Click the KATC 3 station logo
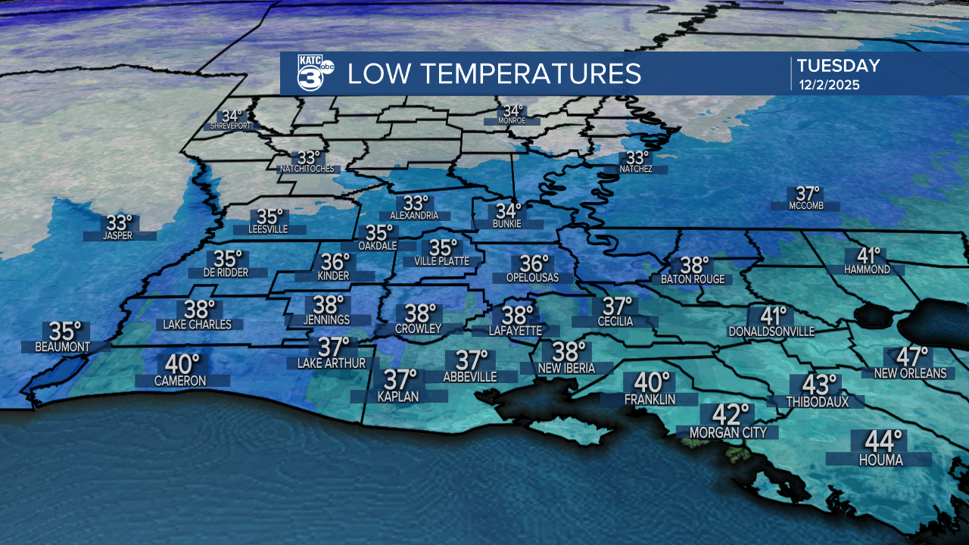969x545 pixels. pyautogui.click(x=311, y=73)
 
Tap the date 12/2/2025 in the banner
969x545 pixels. pyautogui.click(x=829, y=85)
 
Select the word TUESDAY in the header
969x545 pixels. pyautogui.click(x=838, y=66)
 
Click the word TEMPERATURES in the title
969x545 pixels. pyautogui.click(x=531, y=73)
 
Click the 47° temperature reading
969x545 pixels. pyautogui.click(x=911, y=356)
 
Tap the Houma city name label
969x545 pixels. pyautogui.click(x=881, y=459)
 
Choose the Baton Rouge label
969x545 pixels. pyautogui.click(x=693, y=279)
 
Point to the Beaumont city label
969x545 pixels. pyautogui.click(x=63, y=347)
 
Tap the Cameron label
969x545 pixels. pyautogui.click(x=180, y=381)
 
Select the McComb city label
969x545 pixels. pyautogui.click(x=805, y=207)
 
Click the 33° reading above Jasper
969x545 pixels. pyautogui.click(x=119, y=223)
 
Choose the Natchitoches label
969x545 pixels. pyautogui.click(x=307, y=169)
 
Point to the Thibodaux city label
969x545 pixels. pyautogui.click(x=818, y=401)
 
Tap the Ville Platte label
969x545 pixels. pyautogui.click(x=442, y=261)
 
